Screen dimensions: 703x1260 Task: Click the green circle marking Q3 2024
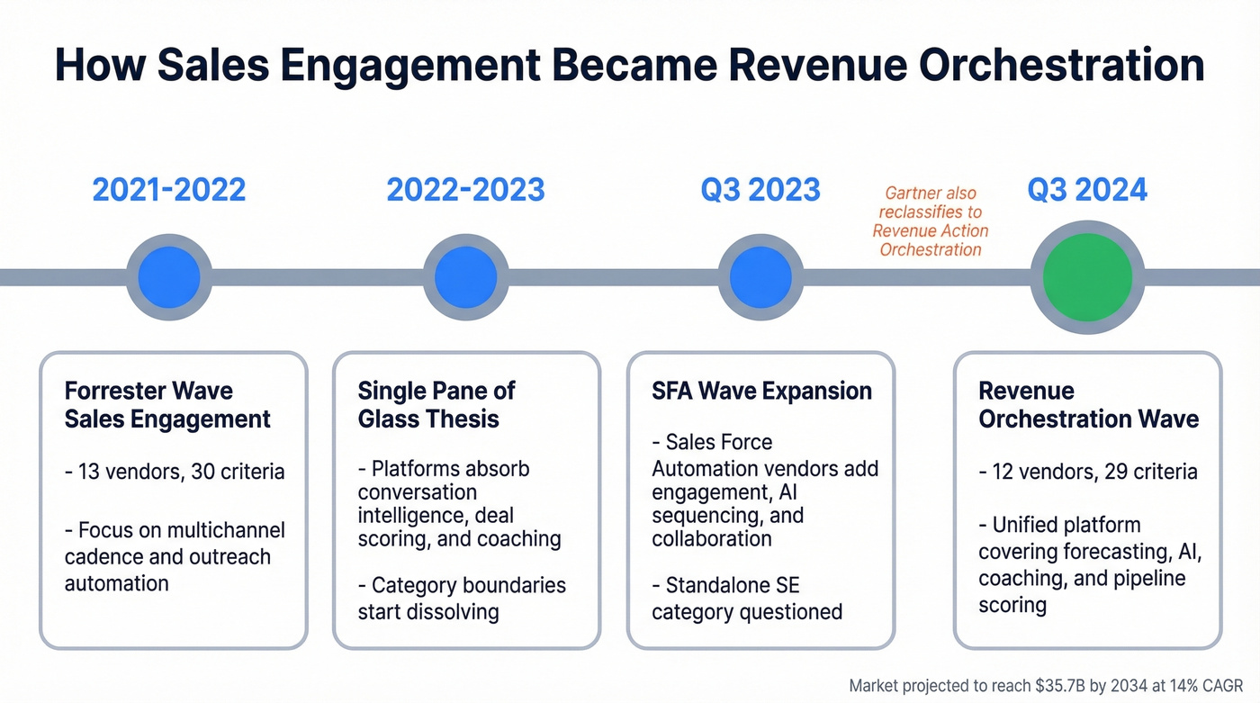[x=1086, y=276]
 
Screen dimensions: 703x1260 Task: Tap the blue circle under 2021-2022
[x=168, y=276]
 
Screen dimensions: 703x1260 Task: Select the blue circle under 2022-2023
[x=465, y=276]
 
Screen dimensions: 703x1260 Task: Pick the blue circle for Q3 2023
[x=760, y=276]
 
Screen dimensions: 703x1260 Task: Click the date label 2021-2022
[x=168, y=190]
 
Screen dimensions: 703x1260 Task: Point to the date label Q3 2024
[x=1087, y=190]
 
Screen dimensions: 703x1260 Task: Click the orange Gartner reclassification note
[x=931, y=221]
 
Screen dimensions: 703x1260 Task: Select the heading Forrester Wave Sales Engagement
[x=167, y=405]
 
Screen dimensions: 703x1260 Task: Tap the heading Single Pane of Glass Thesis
[x=436, y=405]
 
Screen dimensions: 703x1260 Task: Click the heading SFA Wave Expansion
[x=761, y=392]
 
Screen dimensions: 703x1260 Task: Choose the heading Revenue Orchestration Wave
[x=1088, y=405]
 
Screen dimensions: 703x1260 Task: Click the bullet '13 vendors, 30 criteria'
[x=175, y=472]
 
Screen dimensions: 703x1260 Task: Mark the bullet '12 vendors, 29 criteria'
[x=1088, y=472]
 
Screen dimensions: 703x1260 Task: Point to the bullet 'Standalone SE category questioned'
[x=747, y=599]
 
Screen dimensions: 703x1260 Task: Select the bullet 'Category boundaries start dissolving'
[x=462, y=599]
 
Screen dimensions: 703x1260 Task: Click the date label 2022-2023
[x=465, y=190]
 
